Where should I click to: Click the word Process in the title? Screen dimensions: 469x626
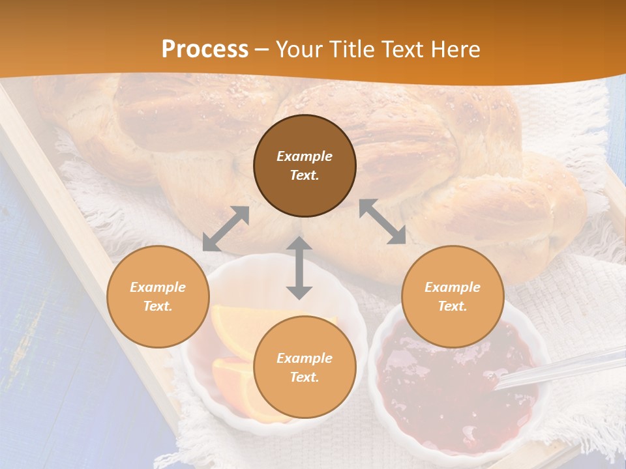[205, 50]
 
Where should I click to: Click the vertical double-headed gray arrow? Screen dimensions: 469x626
[299, 268]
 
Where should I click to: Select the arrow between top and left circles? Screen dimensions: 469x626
[226, 229]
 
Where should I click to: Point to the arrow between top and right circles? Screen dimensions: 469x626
[383, 222]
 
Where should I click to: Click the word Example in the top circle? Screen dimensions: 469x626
[305, 156]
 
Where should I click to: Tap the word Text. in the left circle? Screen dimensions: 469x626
[158, 306]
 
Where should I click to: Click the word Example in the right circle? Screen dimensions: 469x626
[453, 287]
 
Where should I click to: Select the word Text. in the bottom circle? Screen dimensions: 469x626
[305, 377]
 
